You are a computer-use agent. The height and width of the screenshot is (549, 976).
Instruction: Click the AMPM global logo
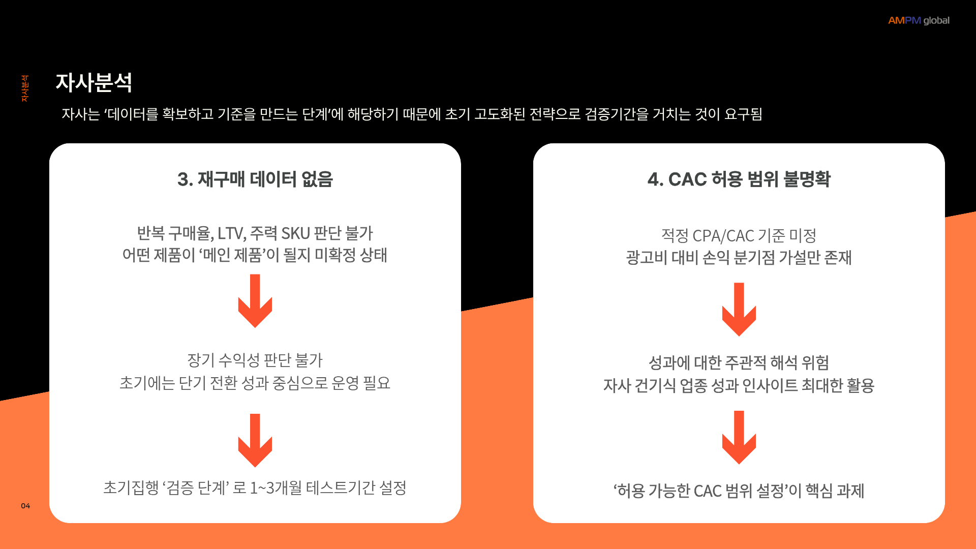pyautogui.click(x=919, y=20)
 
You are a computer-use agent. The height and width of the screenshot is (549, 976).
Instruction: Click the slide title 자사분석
pyautogui.click(x=94, y=82)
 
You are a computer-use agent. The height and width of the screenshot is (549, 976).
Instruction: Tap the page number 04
pyautogui.click(x=25, y=506)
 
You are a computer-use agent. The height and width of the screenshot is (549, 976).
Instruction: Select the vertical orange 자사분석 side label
pyautogui.click(x=24, y=88)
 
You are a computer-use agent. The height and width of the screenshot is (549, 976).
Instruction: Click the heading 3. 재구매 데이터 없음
pyautogui.click(x=255, y=179)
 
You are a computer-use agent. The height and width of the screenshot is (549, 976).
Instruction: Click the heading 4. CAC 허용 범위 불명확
pyautogui.click(x=739, y=179)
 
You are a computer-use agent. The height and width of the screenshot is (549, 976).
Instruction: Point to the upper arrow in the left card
pyautogui.click(x=255, y=301)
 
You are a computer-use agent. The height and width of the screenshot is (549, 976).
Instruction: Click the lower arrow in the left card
pyautogui.click(x=255, y=440)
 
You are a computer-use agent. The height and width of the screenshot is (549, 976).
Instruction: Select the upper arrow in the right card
pyautogui.click(x=739, y=309)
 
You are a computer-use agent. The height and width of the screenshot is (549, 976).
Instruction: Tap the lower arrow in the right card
pyautogui.click(x=739, y=437)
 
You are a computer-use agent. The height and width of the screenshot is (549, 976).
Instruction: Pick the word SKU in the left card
pyautogui.click(x=295, y=233)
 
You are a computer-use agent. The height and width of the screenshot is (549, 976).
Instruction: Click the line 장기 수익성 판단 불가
pyautogui.click(x=255, y=360)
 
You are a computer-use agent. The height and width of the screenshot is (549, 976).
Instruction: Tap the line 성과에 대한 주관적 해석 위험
pyautogui.click(x=739, y=363)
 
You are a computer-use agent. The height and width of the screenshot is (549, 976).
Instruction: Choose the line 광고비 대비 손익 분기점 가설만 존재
pyautogui.click(x=739, y=258)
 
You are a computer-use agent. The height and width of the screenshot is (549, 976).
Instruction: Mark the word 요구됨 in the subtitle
pyautogui.click(x=743, y=114)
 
